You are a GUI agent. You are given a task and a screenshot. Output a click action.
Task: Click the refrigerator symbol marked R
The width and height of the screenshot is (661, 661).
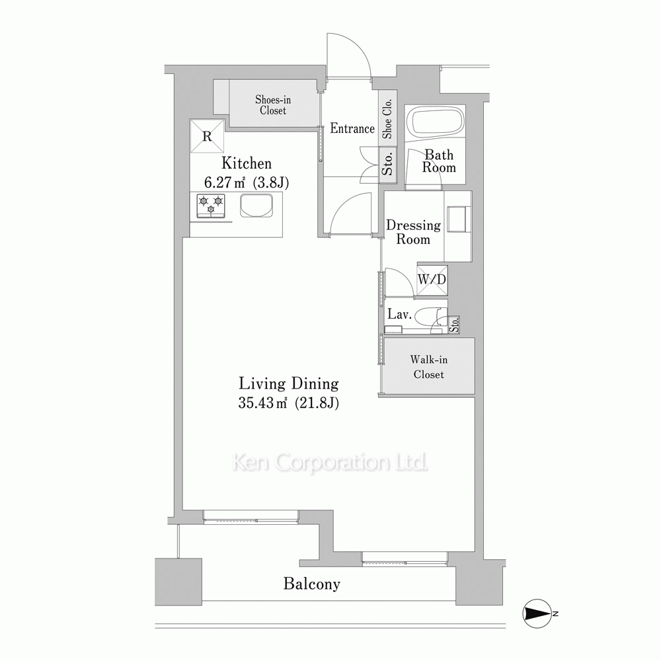(207, 136)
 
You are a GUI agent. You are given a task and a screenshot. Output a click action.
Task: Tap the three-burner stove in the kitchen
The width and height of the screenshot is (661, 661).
(211, 206)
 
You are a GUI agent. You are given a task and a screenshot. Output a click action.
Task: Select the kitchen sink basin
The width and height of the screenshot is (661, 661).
(256, 206)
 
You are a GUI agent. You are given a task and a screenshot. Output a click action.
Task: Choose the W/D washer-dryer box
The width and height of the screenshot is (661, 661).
(432, 280)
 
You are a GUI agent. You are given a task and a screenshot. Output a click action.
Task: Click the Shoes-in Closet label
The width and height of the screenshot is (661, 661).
(273, 105)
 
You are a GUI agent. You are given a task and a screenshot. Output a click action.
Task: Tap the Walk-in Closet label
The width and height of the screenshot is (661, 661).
(429, 367)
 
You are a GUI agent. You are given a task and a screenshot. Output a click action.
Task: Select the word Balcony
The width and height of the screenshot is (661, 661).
(311, 584)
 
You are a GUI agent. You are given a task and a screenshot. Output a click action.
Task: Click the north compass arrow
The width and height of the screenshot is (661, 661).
(537, 613)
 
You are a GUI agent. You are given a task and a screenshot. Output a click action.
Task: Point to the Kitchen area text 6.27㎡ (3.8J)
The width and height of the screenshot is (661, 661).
(247, 182)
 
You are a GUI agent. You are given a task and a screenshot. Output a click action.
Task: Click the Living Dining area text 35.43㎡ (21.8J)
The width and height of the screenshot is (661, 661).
(289, 403)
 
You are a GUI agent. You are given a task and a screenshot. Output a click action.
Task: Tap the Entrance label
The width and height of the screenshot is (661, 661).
(352, 128)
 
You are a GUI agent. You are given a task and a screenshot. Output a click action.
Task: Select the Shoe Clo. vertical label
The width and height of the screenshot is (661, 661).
(387, 118)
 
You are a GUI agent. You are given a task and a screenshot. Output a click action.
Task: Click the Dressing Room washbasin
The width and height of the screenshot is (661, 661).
(459, 219)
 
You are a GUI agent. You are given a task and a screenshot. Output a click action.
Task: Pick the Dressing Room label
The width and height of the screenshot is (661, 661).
(413, 232)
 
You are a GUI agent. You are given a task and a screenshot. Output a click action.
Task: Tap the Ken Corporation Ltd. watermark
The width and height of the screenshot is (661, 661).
(330, 463)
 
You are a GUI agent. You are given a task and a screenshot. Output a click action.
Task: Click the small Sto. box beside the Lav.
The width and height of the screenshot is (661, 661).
(453, 325)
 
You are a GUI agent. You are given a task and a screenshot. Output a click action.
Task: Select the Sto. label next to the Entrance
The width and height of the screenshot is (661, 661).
(387, 163)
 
